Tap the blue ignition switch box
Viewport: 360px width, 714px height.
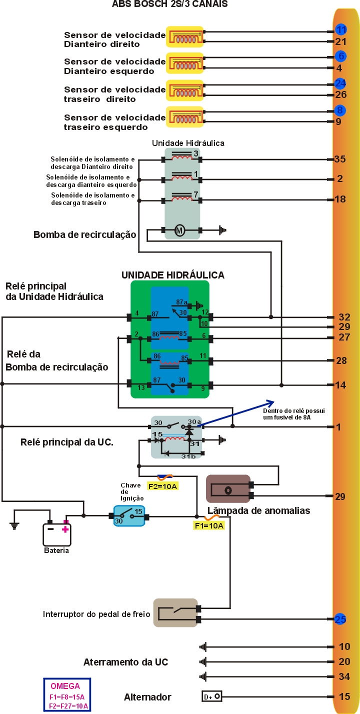129,515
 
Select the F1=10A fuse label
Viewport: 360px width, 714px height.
208,526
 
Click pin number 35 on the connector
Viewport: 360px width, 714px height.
340,159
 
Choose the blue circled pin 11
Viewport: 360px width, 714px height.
341,29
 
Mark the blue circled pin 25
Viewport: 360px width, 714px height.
340,619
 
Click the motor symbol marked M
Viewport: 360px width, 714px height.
179,230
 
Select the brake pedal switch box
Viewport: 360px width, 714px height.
175,613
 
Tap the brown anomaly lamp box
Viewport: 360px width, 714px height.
228,488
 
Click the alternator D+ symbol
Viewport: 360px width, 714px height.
212,696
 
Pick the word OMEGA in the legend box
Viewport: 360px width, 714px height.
65,686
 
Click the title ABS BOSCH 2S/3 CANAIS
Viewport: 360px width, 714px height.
170,4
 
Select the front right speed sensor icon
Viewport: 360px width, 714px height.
185,36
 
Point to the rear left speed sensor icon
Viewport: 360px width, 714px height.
185,116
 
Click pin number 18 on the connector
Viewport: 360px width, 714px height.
340,199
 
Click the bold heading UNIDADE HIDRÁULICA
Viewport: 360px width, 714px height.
173,275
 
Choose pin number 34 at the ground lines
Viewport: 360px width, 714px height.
344,677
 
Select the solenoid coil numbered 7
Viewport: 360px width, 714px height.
181,198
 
